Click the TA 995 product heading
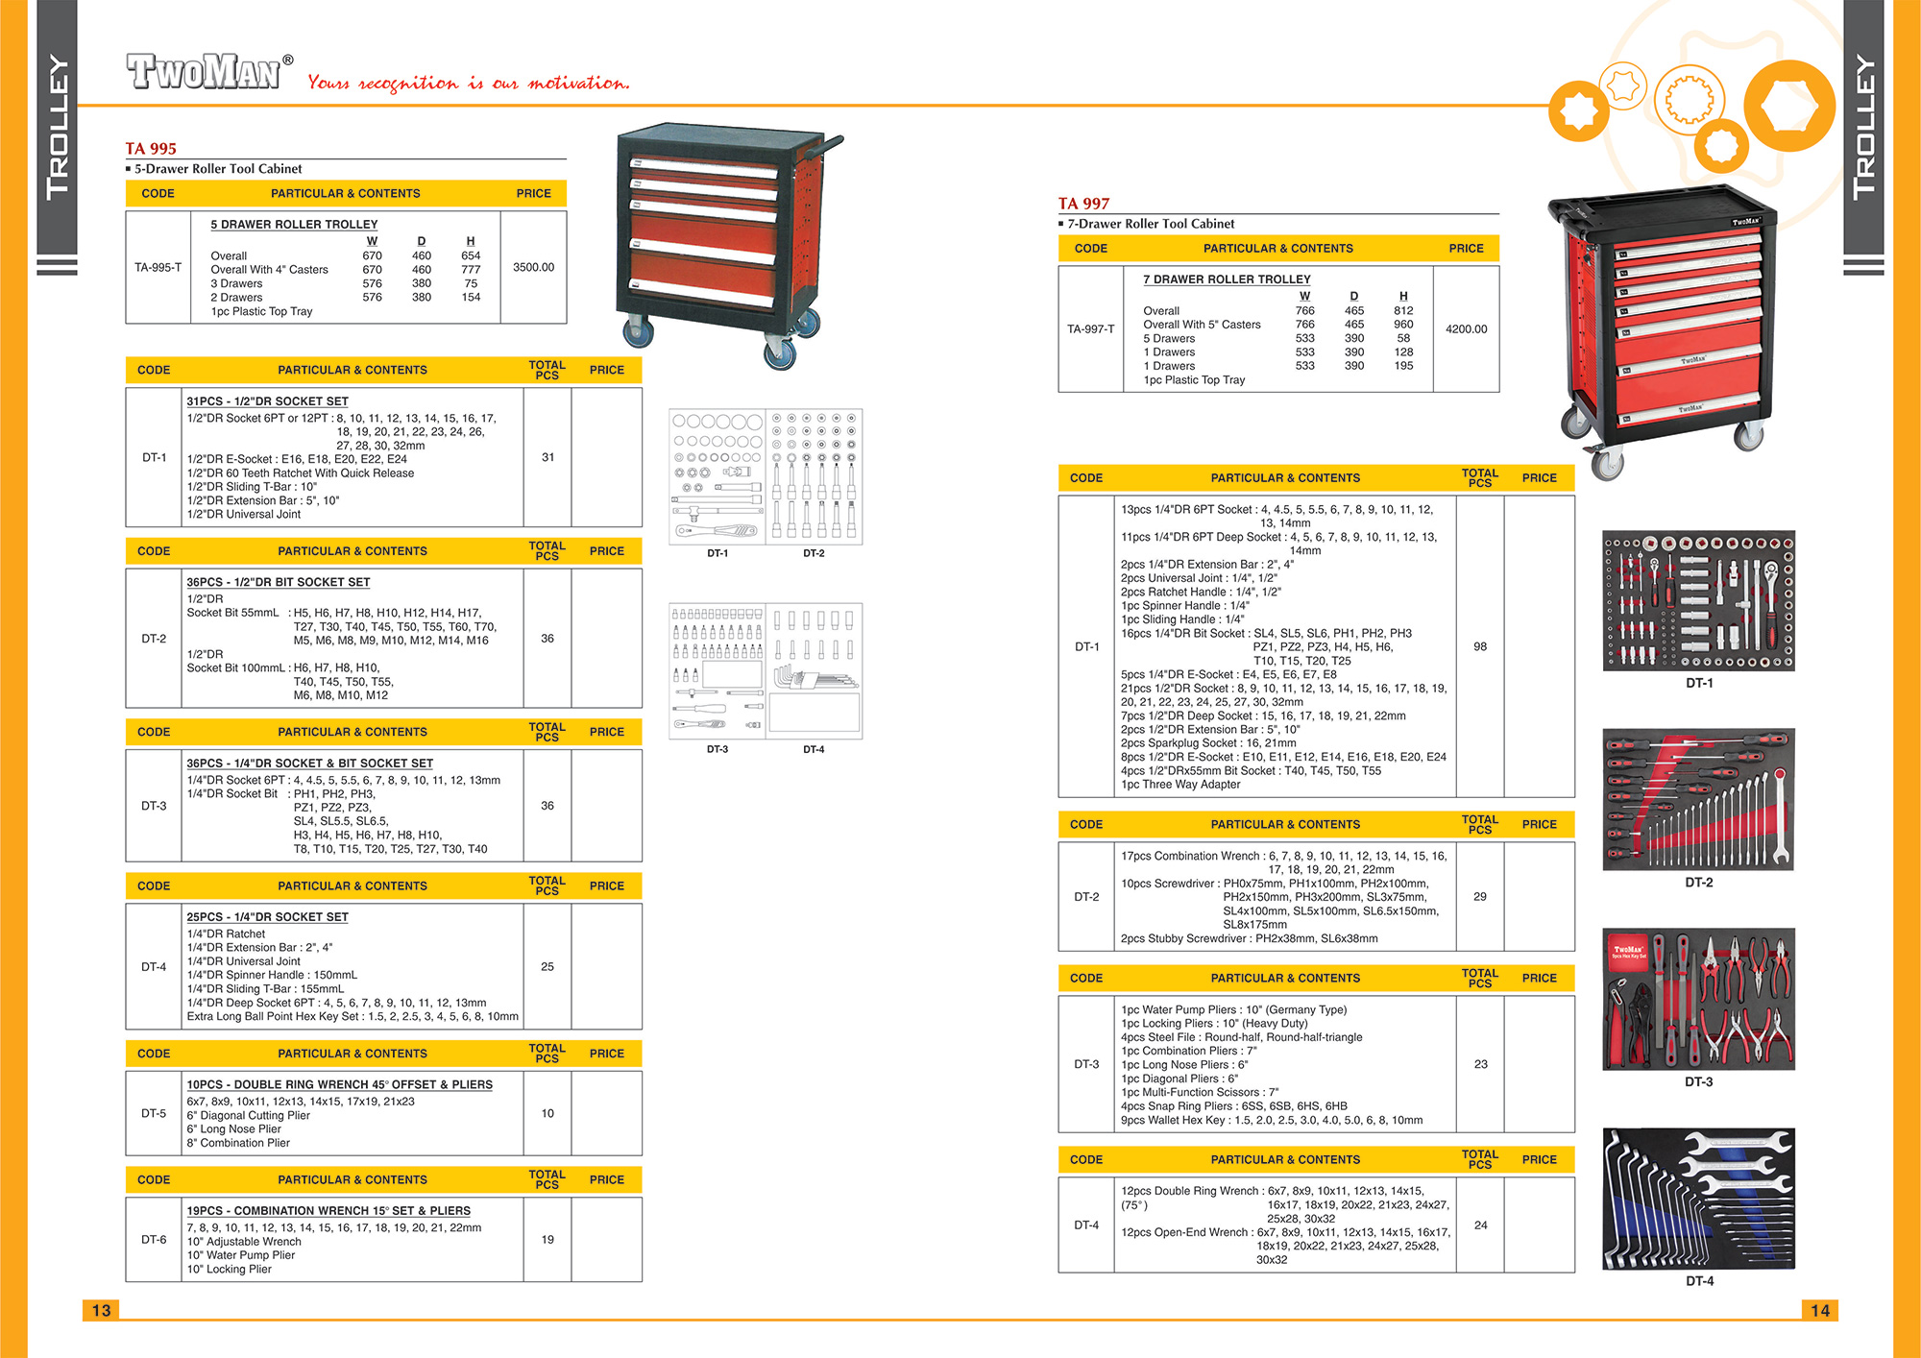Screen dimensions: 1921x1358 [151, 149]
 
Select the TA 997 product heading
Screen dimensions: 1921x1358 [1083, 204]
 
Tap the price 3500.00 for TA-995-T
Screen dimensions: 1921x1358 [533, 267]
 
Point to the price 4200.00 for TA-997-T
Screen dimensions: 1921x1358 [1466, 328]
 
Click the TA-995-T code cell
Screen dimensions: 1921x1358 [158, 267]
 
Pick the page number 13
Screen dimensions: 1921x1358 [101, 1310]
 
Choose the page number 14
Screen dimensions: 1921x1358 [1819, 1310]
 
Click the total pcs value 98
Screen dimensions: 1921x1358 [1480, 646]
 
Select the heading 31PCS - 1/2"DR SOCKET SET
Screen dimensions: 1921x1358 [267, 401]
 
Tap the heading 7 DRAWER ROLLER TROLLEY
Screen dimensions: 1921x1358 [1227, 279]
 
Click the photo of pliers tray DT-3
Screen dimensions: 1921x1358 [1698, 999]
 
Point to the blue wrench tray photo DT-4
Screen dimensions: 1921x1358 [1698, 1199]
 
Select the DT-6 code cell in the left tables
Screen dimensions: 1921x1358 [154, 1239]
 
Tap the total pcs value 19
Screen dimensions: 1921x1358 [547, 1239]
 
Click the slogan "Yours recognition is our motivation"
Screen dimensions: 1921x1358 [469, 83]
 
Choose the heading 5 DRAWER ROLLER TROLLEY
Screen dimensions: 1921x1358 [294, 225]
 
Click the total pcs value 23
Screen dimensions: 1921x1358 [1480, 1064]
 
